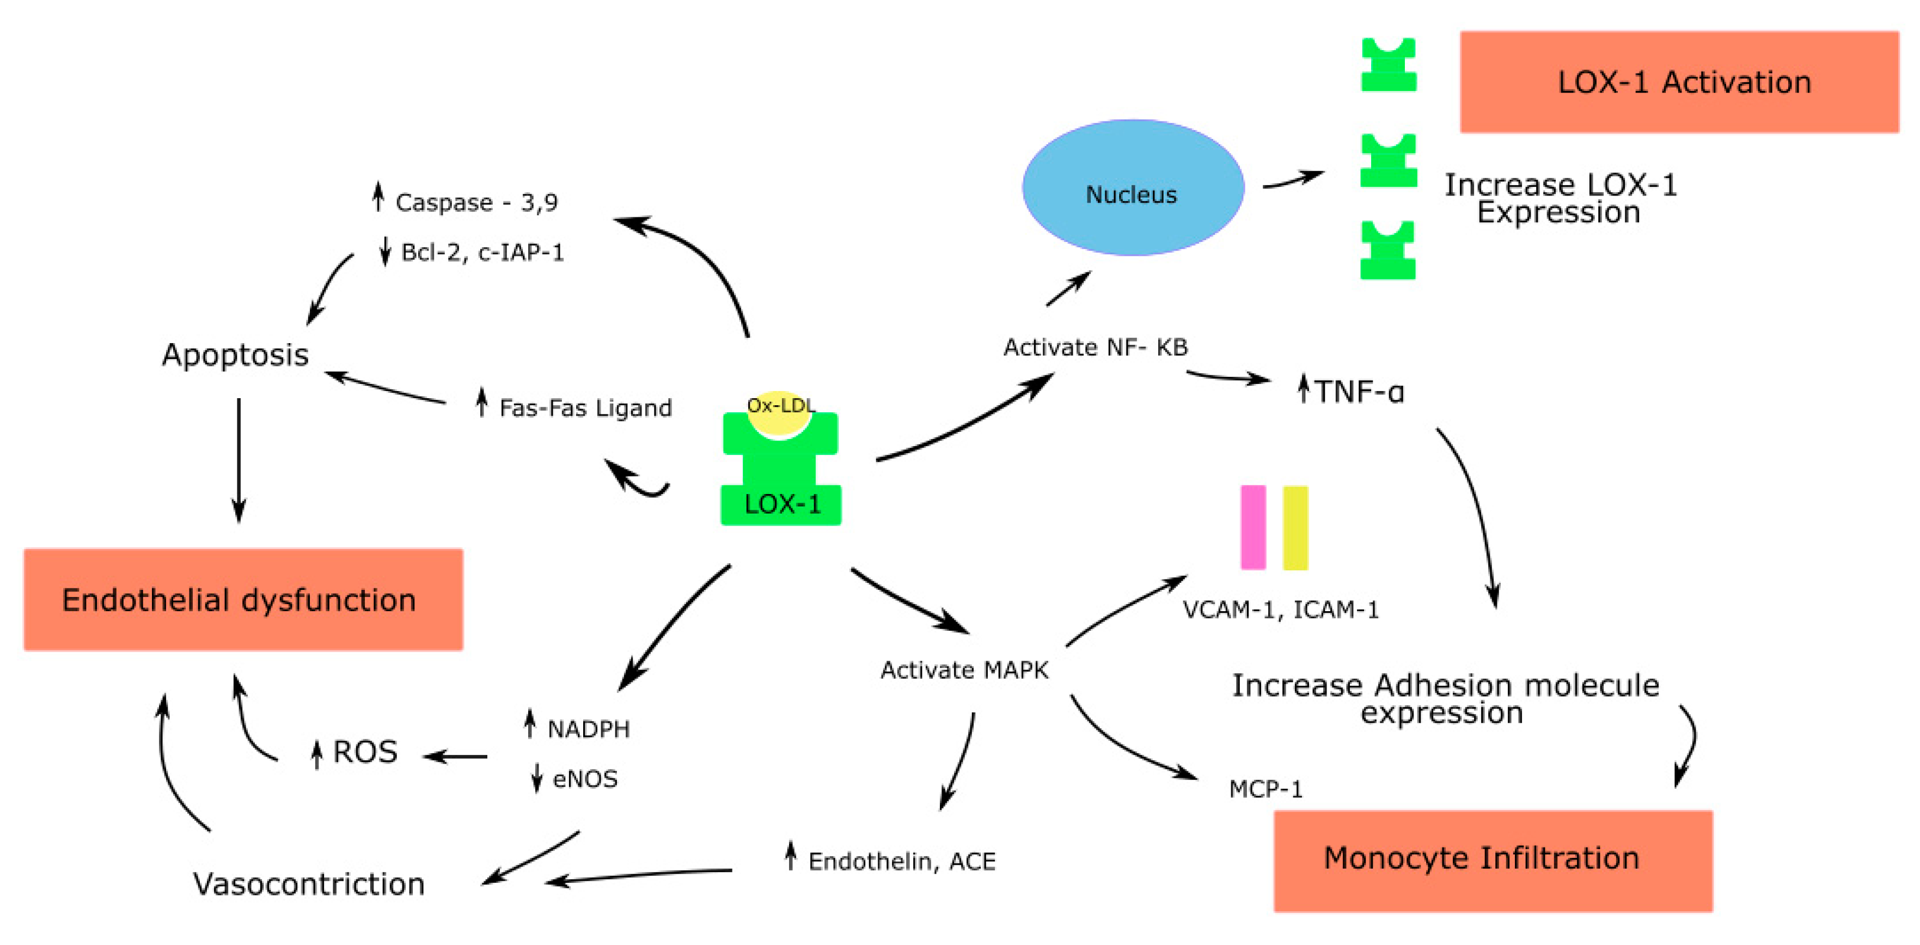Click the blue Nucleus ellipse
[x=1133, y=188]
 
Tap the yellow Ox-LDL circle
[x=780, y=413]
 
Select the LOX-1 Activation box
[x=1679, y=82]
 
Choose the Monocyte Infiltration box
[x=1493, y=861]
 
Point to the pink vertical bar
[x=1253, y=528]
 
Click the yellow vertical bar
[x=1295, y=528]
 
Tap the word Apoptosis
[x=236, y=356]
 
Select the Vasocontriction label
[x=309, y=884]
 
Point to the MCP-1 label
[x=1265, y=789]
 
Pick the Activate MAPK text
[x=964, y=670]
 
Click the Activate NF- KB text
[x=1096, y=347]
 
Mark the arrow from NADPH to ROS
[x=455, y=757]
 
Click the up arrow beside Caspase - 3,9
[x=378, y=196]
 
